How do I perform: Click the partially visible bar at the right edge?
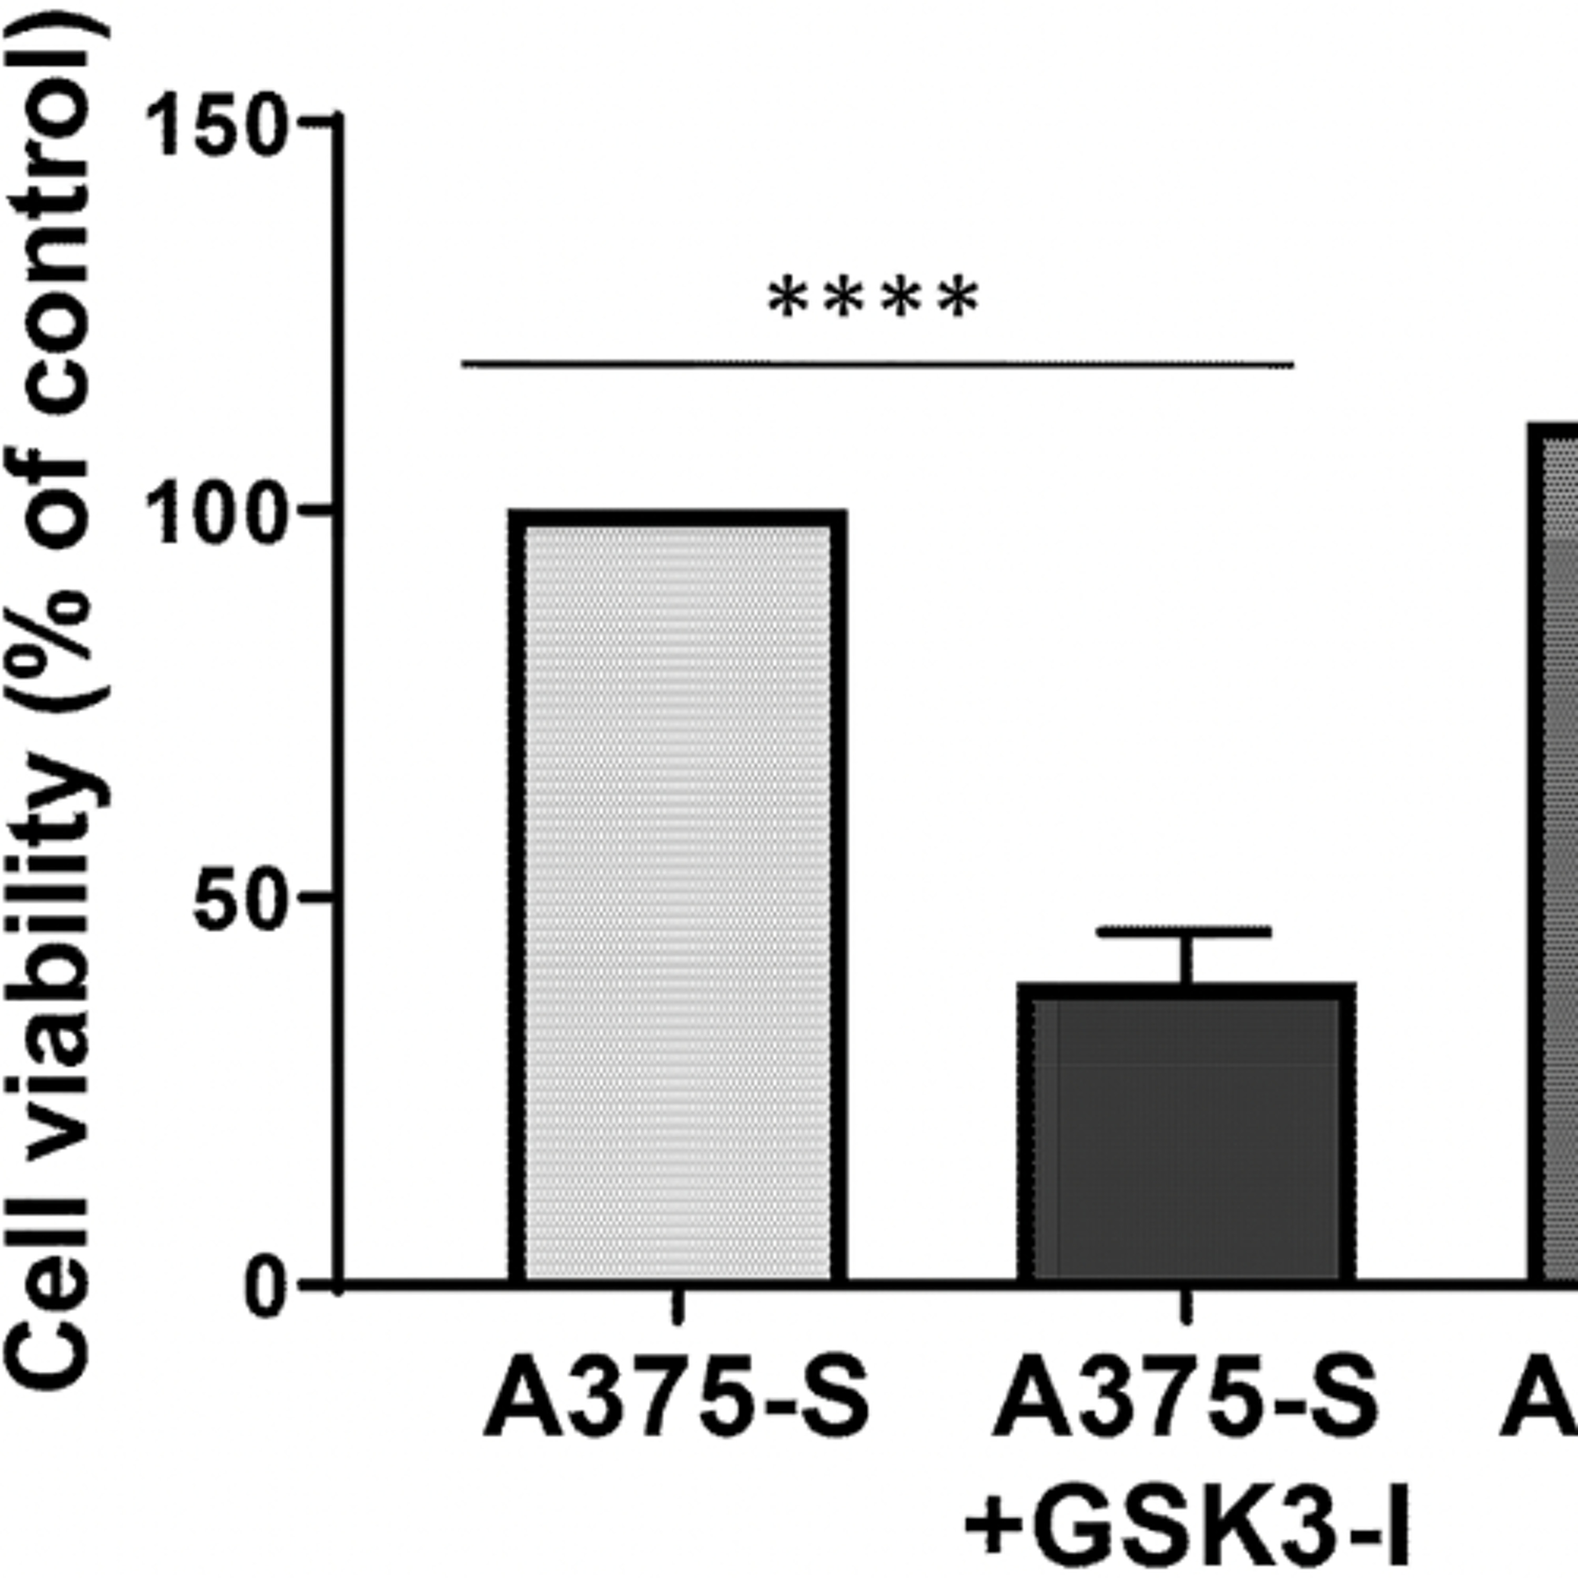pyautogui.click(x=1556, y=857)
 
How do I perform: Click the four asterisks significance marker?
pyautogui.click(x=872, y=300)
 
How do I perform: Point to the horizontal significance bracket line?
pyautogui.click(x=878, y=363)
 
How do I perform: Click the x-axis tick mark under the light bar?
pyautogui.click(x=676, y=1307)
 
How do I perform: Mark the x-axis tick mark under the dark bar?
pyautogui.click(x=1186, y=1307)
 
